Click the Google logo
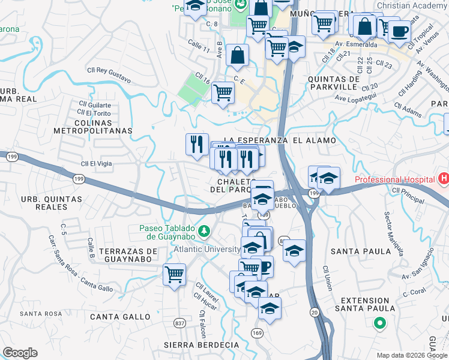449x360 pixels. (x=20, y=353)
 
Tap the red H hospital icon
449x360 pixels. (x=444, y=179)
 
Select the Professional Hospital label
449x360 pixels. (x=394, y=179)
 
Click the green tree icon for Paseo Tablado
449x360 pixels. (x=204, y=230)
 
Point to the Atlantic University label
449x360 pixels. (x=207, y=249)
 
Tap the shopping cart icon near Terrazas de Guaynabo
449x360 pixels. (x=174, y=275)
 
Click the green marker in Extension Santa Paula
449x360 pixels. (x=379, y=325)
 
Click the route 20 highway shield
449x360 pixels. (x=315, y=312)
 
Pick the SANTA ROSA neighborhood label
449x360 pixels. (x=41, y=314)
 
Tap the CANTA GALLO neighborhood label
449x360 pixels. (x=121, y=316)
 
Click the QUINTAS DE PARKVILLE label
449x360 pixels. (x=333, y=83)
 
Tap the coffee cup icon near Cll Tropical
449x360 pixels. (x=399, y=31)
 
